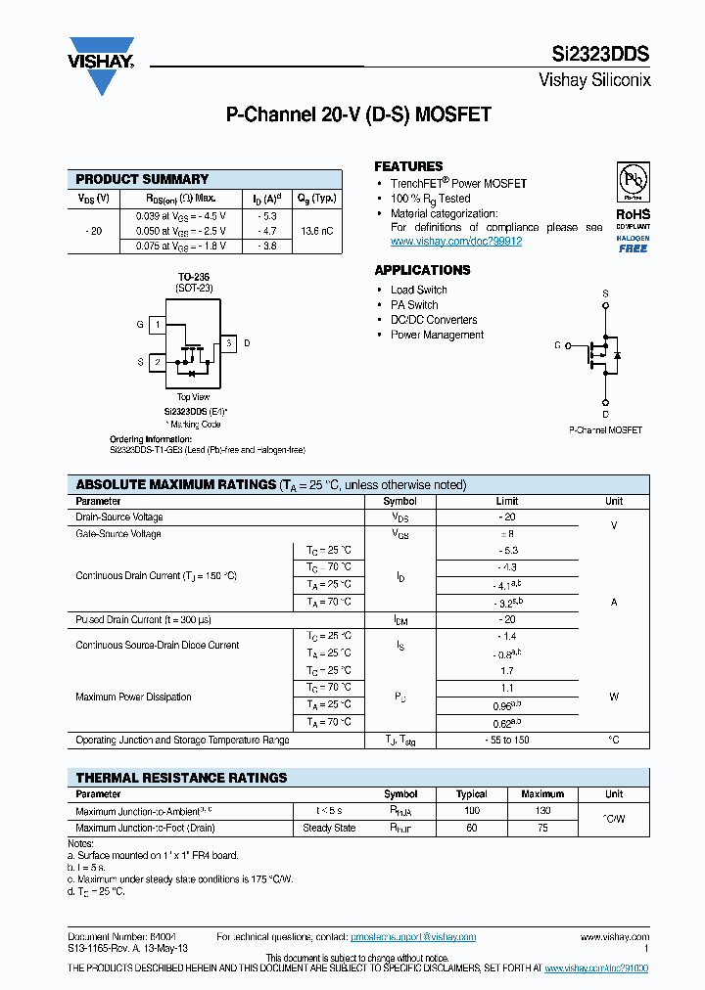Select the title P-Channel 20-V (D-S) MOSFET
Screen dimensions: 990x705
(x=358, y=115)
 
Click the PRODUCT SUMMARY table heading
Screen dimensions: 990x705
(x=142, y=179)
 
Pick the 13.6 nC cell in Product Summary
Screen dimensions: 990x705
(x=316, y=231)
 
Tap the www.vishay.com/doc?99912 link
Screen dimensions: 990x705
(x=456, y=241)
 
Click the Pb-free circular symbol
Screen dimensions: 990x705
(x=633, y=180)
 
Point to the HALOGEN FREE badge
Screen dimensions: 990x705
(x=633, y=243)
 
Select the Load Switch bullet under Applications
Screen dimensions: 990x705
(x=418, y=290)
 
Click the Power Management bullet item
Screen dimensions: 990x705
(x=437, y=335)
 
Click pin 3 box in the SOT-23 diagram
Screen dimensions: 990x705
(x=227, y=343)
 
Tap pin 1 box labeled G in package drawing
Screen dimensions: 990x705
(x=158, y=324)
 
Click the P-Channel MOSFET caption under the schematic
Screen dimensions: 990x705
(x=605, y=429)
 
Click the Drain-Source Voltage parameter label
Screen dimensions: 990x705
(x=119, y=517)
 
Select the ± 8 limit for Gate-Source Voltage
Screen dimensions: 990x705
(x=508, y=534)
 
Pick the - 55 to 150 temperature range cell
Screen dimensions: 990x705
(x=508, y=740)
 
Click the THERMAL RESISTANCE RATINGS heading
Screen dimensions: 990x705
(x=181, y=778)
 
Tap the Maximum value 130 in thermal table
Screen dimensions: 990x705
(x=542, y=811)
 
